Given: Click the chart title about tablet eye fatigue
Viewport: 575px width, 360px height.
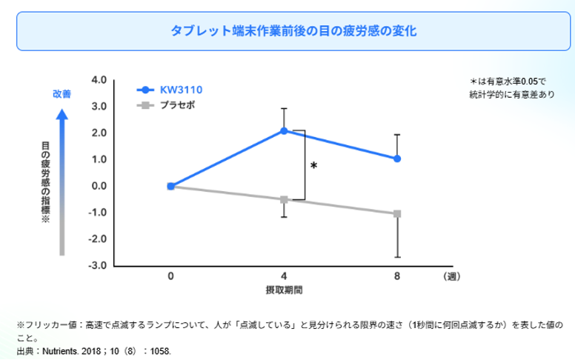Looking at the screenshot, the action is (293, 31).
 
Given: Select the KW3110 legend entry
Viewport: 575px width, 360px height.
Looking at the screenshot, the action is (170, 90).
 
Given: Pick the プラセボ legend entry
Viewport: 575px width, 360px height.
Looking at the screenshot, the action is (166, 105).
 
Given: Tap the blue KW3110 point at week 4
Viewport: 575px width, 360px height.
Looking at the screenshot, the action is (284, 131).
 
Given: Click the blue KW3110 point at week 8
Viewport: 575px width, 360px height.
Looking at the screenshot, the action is (397, 159).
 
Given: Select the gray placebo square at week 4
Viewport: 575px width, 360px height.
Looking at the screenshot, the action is (284, 200).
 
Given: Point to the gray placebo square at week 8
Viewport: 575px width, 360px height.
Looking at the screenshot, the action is (397, 214).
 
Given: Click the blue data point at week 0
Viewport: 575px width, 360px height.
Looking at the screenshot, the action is (171, 186).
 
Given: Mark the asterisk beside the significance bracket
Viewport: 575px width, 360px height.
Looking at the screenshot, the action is (313, 166).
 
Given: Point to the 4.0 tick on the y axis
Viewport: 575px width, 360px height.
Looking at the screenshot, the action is (99, 80).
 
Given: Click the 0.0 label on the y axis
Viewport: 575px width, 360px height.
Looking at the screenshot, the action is (99, 186).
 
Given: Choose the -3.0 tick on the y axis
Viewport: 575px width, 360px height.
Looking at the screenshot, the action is (98, 265).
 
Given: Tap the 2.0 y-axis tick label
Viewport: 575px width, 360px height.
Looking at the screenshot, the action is (99, 133).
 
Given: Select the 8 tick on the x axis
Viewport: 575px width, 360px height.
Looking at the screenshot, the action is (397, 276).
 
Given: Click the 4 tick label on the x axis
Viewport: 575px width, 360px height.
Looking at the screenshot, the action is (284, 276).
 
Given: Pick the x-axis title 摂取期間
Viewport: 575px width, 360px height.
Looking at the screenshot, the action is (285, 290).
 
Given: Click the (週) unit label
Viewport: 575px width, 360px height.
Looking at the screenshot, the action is (452, 276).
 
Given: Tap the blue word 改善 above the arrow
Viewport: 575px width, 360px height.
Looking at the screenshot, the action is (62, 94).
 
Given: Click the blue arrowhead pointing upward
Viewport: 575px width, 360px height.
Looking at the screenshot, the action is (62, 114).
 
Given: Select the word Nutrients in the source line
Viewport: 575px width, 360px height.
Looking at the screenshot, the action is (60, 351).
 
